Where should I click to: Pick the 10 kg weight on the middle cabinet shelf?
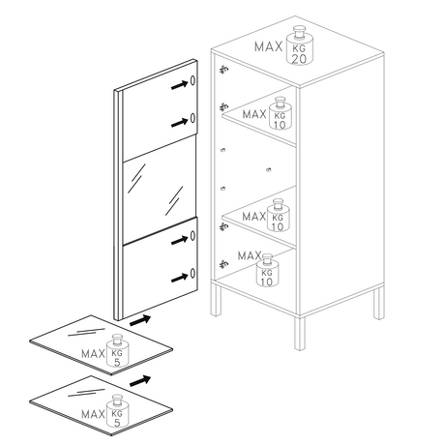[x=278, y=216]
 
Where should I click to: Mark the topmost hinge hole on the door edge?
[x=193, y=80]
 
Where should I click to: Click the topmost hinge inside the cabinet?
[x=224, y=70]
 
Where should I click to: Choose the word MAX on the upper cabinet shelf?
[x=253, y=114]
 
